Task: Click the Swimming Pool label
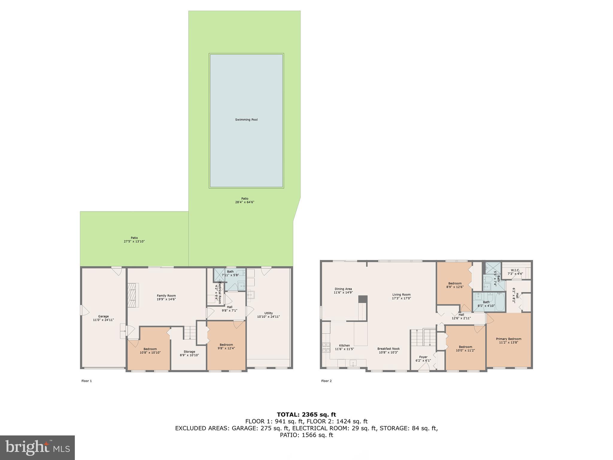246,120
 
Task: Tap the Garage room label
103,317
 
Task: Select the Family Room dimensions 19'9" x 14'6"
166,299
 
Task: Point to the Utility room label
268,313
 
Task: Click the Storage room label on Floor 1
189,352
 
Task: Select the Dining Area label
343,289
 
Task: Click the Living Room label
401,295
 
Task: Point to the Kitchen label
344,346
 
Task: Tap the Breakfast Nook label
388,349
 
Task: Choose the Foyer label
423,357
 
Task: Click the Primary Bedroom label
509,339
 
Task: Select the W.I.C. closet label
515,270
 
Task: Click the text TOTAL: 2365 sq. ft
306,414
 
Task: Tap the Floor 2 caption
326,381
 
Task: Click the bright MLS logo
37,447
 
